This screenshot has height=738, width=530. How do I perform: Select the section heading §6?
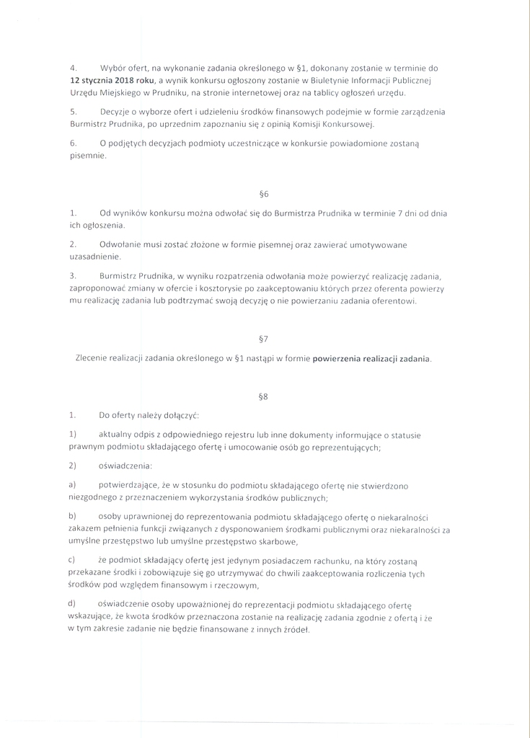pos(263,194)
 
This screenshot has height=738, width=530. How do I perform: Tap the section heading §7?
pos(263,339)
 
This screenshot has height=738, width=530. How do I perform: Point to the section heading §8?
pos(263,396)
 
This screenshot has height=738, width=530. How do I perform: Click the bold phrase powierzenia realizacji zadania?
pos(371,358)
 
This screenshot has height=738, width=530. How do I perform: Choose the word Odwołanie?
pos(120,245)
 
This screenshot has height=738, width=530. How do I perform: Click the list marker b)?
pos(73,517)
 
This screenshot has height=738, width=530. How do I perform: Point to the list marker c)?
pos(72,560)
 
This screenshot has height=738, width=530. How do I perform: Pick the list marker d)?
pos(72,603)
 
